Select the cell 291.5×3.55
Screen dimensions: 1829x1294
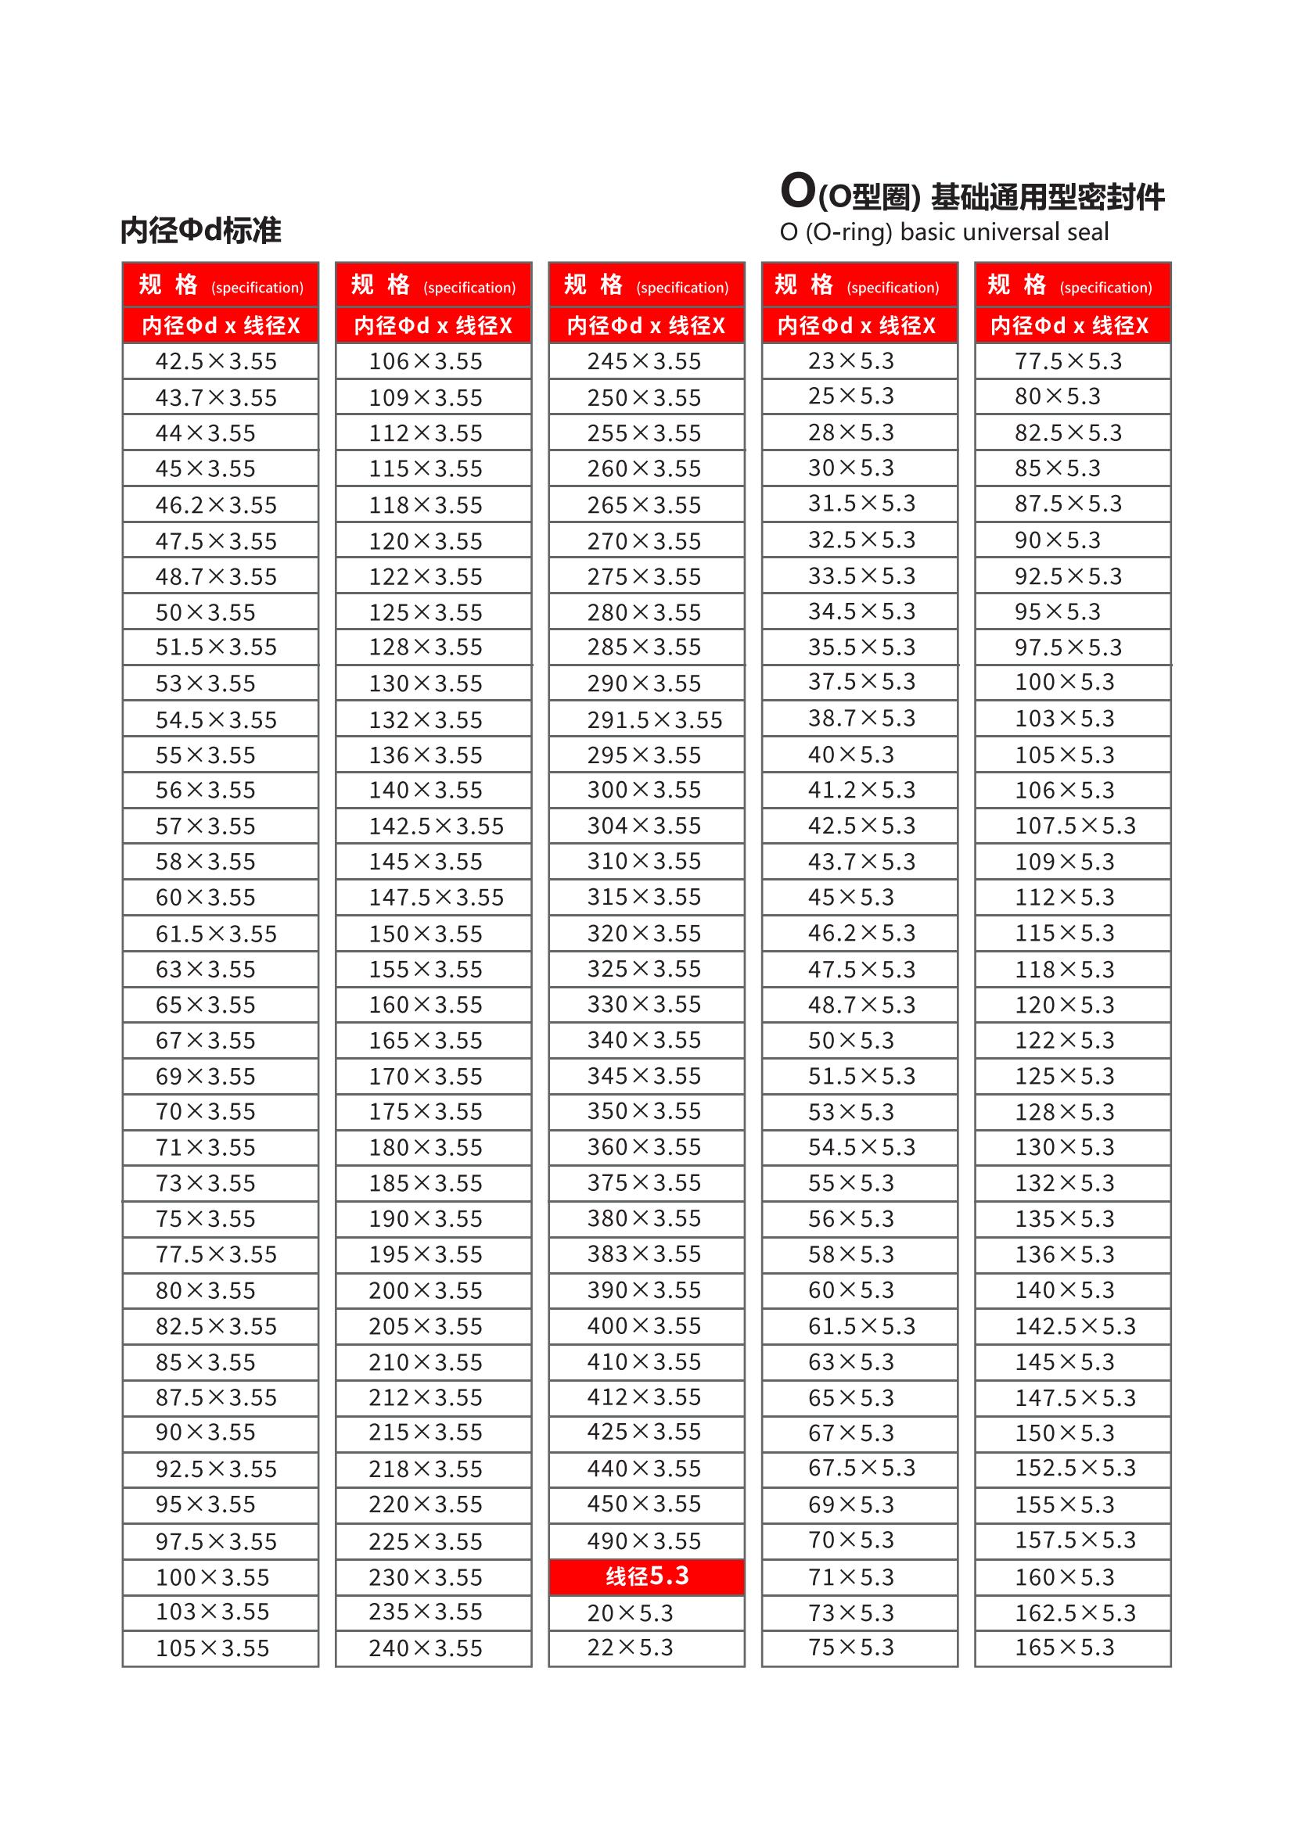pos(646,720)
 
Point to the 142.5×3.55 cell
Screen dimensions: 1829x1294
pos(433,826)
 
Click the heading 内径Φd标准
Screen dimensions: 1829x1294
pos(201,231)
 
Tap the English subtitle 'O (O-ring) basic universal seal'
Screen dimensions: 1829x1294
pos(944,232)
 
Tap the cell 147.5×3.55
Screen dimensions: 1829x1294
pos(433,898)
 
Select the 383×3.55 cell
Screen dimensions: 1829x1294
pos(646,1253)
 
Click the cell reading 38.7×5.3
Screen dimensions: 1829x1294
pos(859,719)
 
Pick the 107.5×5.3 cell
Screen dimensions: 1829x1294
pos(1073,826)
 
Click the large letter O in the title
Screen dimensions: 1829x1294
pos(797,192)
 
